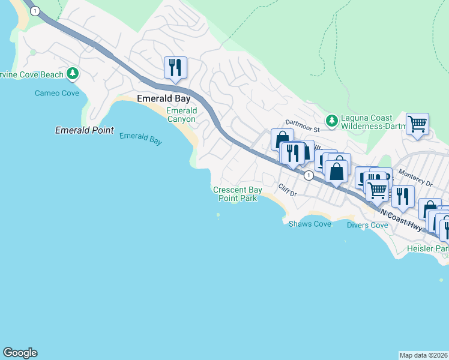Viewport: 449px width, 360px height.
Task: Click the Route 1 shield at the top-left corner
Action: tap(35, 11)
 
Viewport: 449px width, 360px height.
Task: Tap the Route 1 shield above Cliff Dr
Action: tap(308, 175)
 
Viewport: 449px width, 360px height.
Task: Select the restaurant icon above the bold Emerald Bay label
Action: tap(175, 67)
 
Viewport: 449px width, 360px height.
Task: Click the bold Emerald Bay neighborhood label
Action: tap(160, 99)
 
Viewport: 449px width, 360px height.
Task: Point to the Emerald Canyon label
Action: tap(181, 115)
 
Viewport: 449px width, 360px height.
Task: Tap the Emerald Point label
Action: tap(84, 130)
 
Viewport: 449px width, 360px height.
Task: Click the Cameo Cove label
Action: tap(56, 93)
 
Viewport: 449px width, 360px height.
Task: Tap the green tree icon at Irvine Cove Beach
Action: tap(73, 74)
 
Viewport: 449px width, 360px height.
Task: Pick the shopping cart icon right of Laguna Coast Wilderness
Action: tap(417, 124)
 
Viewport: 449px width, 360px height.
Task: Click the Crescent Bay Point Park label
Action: tap(238, 194)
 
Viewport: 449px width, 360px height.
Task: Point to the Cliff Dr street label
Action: tap(288, 191)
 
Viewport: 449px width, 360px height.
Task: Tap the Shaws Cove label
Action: tap(310, 224)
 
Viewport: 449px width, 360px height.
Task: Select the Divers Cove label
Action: tap(367, 225)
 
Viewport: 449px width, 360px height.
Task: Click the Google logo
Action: tap(20, 353)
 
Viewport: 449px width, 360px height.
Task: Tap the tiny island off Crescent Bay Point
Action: tap(218, 215)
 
